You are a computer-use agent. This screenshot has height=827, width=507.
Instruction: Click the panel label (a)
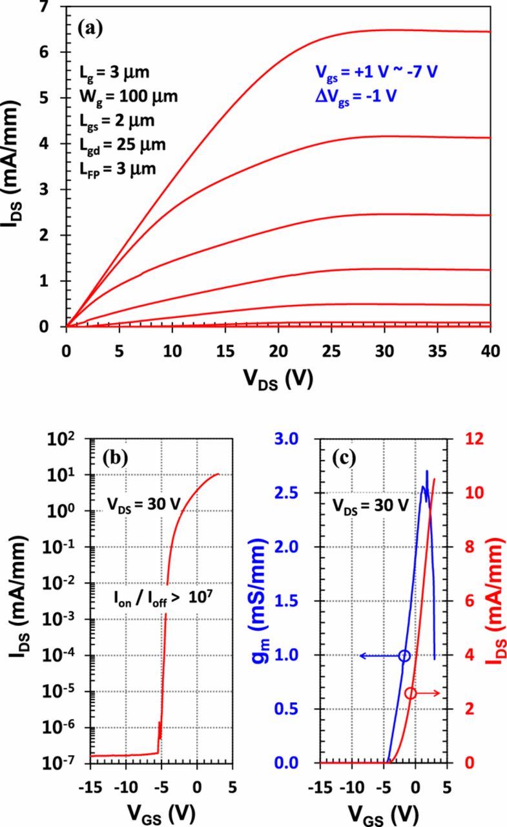click(x=91, y=28)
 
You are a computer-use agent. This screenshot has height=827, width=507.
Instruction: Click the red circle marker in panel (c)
click(x=411, y=693)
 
